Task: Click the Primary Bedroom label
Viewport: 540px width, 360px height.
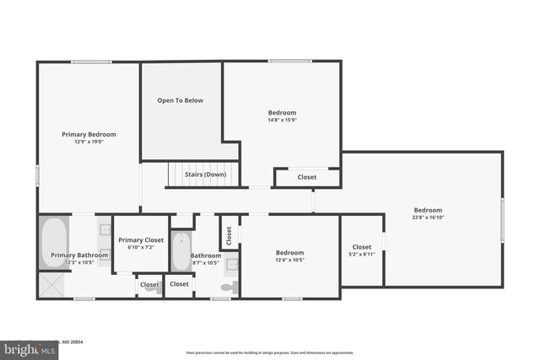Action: click(89, 134)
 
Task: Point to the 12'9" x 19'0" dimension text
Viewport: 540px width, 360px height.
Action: click(89, 142)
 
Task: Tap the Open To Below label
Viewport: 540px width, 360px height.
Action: click(181, 100)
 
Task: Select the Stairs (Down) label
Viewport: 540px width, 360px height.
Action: click(205, 175)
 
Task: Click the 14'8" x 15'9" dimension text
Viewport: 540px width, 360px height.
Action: click(283, 120)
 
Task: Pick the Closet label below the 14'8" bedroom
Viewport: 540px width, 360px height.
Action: click(307, 177)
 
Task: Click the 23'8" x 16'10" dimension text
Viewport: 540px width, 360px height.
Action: click(428, 218)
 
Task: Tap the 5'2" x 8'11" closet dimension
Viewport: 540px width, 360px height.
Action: click(362, 254)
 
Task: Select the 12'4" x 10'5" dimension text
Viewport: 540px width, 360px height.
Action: click(289, 260)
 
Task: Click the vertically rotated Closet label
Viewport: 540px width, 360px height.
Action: click(228, 235)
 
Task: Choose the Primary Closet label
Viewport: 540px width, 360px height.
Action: click(141, 240)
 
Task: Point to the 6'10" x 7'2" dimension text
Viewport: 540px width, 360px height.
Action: click(141, 248)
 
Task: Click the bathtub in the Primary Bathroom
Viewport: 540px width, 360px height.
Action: click(53, 242)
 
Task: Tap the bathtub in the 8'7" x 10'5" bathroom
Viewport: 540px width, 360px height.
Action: click(181, 251)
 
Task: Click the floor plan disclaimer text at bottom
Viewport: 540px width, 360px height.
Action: click(269, 352)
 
